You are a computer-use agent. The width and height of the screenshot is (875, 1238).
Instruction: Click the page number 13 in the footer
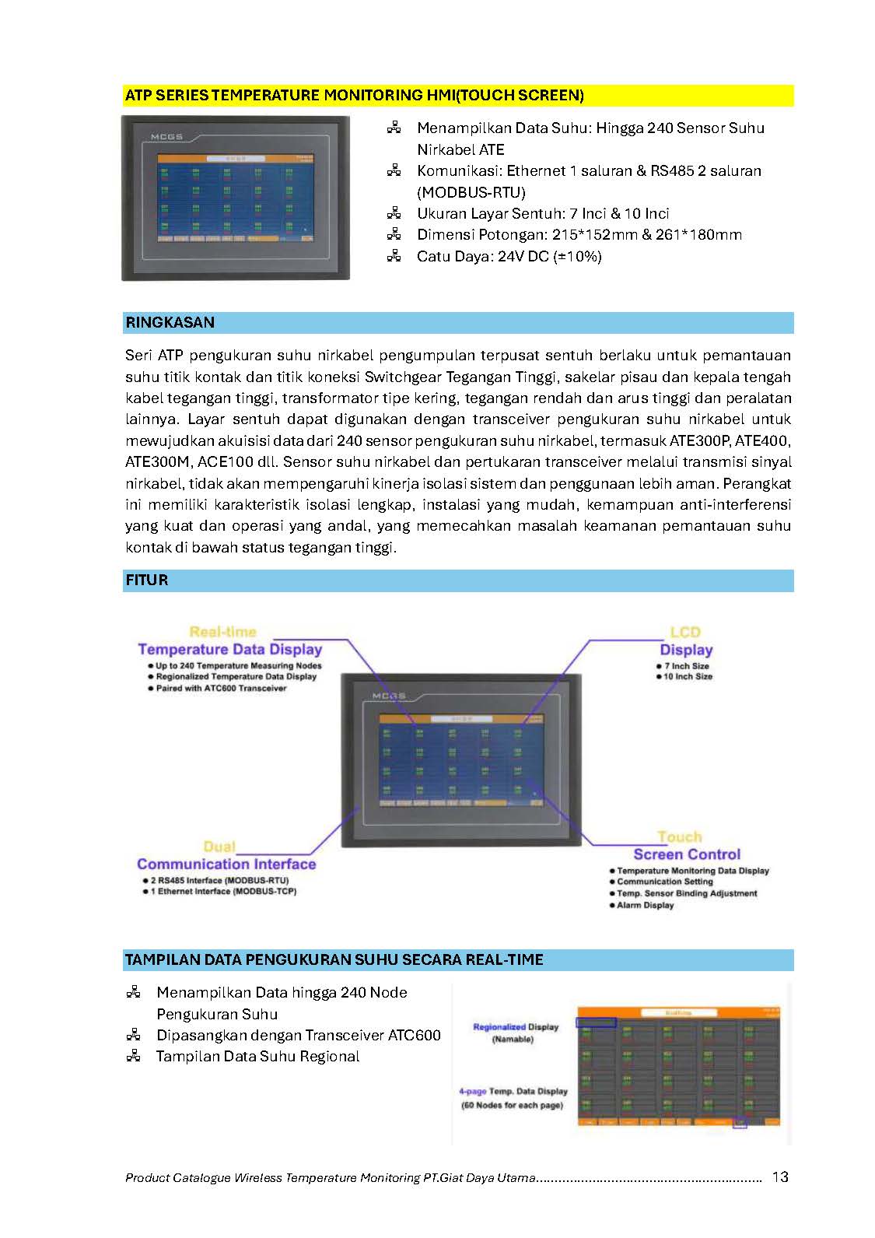(780, 1177)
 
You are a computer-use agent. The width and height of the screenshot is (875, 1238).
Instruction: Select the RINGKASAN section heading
(170, 323)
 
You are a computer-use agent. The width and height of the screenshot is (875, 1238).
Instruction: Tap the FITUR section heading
(146, 580)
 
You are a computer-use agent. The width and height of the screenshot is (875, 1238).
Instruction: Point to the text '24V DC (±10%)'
(549, 256)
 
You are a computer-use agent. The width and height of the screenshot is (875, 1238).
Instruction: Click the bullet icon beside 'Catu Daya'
(394, 255)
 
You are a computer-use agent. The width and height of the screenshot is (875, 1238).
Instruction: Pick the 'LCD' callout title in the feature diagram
(685, 633)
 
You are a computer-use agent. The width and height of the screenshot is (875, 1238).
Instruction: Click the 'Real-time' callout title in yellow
(222, 633)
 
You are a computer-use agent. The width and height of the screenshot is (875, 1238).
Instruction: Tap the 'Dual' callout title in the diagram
(219, 847)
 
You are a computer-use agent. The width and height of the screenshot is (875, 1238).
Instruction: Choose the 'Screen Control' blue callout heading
(687, 854)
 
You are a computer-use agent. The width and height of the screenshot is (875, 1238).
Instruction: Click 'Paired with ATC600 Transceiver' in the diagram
(221, 689)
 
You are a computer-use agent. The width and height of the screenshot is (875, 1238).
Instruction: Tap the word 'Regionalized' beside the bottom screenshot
(499, 1027)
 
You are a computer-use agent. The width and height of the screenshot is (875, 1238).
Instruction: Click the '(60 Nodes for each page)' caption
(512, 1106)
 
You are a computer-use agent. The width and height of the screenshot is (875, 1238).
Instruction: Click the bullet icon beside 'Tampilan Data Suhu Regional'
(134, 1056)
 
